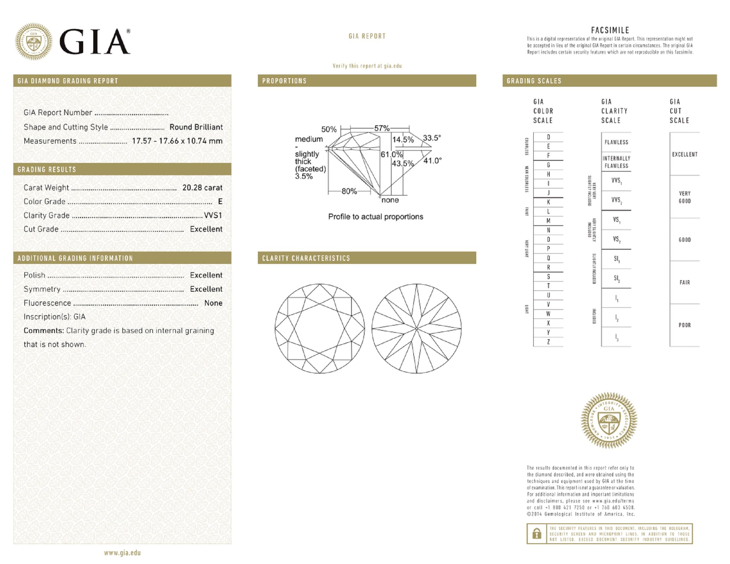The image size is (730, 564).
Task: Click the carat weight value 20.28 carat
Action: tap(202, 188)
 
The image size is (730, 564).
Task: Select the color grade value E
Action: tap(220, 202)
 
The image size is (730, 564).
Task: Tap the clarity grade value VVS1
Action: tap(213, 216)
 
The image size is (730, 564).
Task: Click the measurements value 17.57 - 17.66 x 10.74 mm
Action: tap(177, 141)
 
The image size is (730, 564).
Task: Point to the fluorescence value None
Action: tap(213, 303)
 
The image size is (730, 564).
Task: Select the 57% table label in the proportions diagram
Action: tap(381, 128)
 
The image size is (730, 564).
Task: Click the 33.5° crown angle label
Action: tap(432, 138)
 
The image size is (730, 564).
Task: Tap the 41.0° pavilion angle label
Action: tap(433, 161)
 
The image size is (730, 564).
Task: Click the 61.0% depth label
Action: tap(391, 155)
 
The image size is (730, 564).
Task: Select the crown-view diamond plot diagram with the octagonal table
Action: tap(320, 329)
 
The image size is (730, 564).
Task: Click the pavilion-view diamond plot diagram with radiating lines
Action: tap(417, 329)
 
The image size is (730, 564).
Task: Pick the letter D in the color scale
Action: tap(548, 137)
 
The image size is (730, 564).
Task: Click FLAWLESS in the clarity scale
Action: tap(616, 142)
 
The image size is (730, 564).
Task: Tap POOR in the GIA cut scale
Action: tap(684, 325)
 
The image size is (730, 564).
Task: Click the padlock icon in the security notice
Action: tap(537, 534)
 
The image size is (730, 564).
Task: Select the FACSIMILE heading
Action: tap(610, 30)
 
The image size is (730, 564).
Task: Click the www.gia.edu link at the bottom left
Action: tap(122, 553)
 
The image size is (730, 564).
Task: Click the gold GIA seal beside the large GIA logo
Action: tap(34, 41)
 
